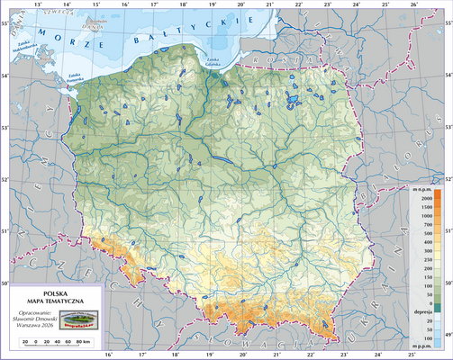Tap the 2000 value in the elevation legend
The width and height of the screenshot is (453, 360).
point(421,196)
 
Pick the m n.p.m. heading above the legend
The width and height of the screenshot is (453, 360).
point(422,186)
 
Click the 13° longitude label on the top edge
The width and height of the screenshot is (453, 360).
point(37,5)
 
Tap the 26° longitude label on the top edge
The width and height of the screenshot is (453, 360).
point(412,5)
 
